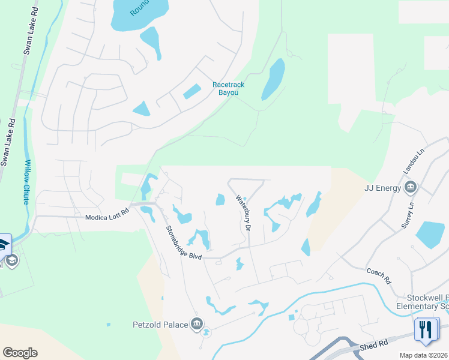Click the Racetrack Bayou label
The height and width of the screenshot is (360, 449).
pyautogui.click(x=229, y=89)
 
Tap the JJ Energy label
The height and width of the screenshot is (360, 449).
pyautogui.click(x=382, y=188)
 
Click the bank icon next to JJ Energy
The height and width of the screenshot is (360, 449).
pyautogui.click(x=411, y=188)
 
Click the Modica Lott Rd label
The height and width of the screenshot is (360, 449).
pyautogui.click(x=107, y=215)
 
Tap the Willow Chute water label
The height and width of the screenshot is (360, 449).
pyautogui.click(x=26, y=182)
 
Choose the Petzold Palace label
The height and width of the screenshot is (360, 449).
pyautogui.click(x=160, y=325)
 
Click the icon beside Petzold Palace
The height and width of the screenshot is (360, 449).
pyautogui.click(x=197, y=325)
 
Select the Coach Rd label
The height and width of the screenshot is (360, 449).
pyautogui.click(x=378, y=275)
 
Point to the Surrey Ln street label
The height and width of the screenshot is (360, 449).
pyautogui.click(x=409, y=215)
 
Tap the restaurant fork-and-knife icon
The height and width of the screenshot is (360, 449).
pyautogui.click(x=427, y=331)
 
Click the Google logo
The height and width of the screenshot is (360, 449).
pyautogui.click(x=20, y=353)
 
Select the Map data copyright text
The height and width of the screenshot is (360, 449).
pyautogui.click(x=423, y=355)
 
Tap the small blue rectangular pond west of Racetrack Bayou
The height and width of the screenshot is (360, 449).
pyautogui.click(x=191, y=92)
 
